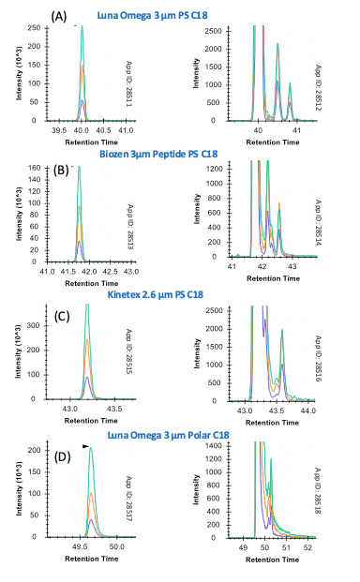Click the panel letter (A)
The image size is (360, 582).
58,16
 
